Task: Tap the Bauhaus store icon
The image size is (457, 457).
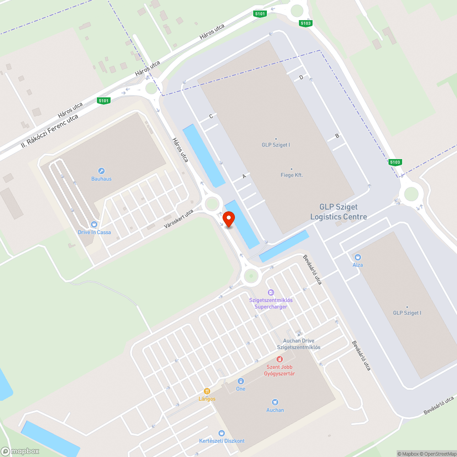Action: click(101, 170)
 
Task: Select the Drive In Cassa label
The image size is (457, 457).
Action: click(94, 232)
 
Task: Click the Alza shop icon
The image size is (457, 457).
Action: click(357, 257)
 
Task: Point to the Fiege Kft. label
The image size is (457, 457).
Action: click(292, 175)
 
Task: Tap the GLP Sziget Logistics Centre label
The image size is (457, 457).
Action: click(338, 212)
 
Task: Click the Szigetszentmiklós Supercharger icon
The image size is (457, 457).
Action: click(271, 292)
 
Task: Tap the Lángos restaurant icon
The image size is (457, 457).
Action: click(207, 391)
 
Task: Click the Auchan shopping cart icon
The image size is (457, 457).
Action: click(275, 402)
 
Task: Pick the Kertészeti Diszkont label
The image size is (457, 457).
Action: click(222, 441)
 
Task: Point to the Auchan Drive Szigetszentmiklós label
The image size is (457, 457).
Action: click(298, 344)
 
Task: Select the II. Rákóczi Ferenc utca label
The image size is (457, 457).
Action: click(50, 132)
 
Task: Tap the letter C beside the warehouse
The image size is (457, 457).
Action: click(211, 116)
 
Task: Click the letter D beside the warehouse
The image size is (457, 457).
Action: click(301, 78)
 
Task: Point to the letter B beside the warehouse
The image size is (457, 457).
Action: click(337, 136)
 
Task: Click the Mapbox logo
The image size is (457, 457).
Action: click(20, 451)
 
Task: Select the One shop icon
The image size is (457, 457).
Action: click(240, 381)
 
